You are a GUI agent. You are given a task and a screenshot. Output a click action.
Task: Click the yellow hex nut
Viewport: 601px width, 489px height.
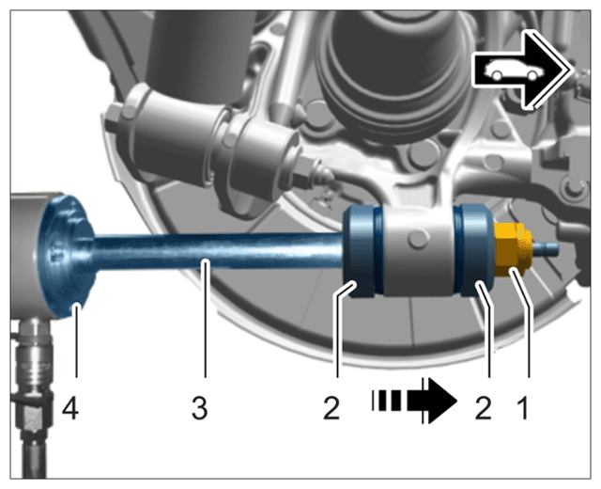coord(513,249)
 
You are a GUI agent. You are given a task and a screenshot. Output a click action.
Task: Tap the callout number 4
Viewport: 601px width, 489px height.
coord(70,408)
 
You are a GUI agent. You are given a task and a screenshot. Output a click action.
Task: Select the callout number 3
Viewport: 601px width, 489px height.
coord(200,408)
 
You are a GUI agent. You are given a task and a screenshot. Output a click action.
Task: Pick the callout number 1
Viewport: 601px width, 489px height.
coord(523,408)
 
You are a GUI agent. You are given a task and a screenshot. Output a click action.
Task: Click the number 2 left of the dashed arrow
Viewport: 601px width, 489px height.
coord(331,408)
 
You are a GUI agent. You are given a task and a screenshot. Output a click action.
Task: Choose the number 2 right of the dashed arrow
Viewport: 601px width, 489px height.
coord(483,408)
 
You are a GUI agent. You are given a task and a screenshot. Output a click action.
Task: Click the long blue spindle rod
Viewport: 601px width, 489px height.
coord(219,251)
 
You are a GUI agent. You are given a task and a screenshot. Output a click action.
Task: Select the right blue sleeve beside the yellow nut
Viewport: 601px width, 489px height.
coord(473,250)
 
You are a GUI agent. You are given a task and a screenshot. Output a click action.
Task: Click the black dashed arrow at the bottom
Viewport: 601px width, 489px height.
coord(415,402)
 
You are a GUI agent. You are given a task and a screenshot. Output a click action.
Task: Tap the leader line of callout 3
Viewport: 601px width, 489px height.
coord(206,319)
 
